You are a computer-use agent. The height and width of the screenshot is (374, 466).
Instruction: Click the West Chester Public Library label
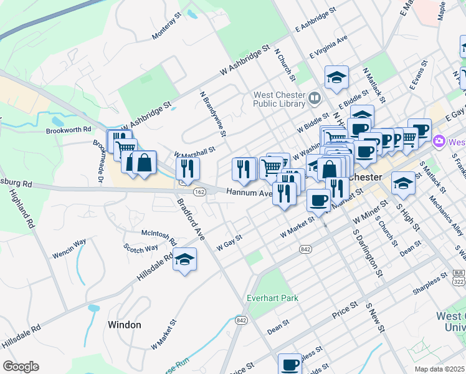(x=278, y=99)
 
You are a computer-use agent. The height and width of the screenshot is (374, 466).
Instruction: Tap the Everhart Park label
(x=273, y=298)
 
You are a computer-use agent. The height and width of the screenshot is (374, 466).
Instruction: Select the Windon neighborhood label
(x=124, y=325)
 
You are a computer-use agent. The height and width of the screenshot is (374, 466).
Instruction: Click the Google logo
(x=21, y=367)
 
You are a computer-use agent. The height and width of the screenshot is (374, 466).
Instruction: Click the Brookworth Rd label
(x=69, y=130)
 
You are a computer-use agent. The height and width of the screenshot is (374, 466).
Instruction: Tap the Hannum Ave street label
(x=249, y=193)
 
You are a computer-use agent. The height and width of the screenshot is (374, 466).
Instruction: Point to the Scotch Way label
(x=141, y=249)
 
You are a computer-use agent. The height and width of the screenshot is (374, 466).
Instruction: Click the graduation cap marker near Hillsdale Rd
(x=184, y=259)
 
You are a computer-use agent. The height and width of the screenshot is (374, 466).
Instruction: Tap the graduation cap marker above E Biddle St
(x=336, y=77)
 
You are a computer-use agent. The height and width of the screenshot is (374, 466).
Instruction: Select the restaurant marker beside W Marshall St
(x=187, y=168)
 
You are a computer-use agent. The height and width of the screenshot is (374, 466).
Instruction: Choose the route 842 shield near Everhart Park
(x=241, y=320)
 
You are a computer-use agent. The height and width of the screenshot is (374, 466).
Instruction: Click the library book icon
(x=314, y=97)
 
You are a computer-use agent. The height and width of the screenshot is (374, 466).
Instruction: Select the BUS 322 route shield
(x=460, y=277)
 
